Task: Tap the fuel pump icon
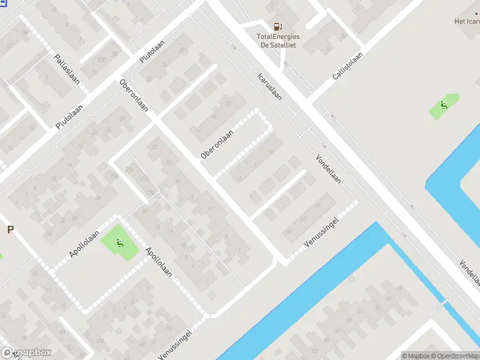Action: coord(278,26)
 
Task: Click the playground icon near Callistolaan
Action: coord(443,107)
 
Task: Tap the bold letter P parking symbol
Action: coord(10,229)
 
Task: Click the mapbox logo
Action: coord(26,353)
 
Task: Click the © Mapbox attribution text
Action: coord(415,356)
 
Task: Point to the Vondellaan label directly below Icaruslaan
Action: coord(328,170)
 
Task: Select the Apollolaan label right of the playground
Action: coord(158,263)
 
